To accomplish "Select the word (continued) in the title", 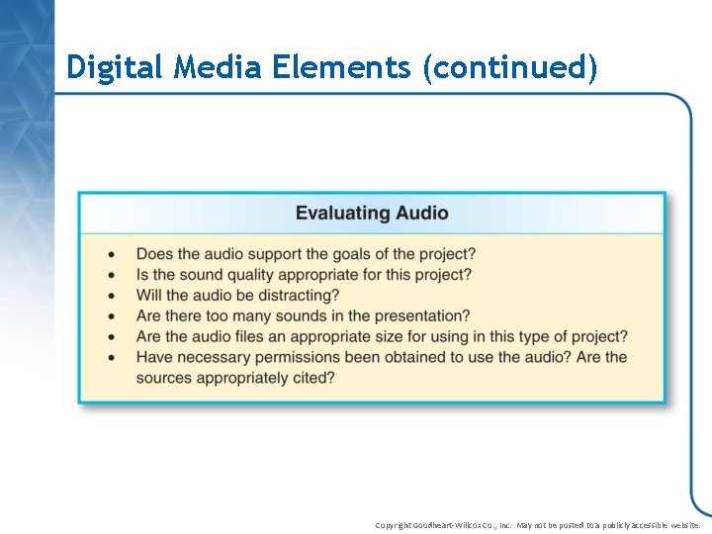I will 509,67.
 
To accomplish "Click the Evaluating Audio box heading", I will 372,213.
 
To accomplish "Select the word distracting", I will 294,296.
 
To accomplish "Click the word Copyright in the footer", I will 396,525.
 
